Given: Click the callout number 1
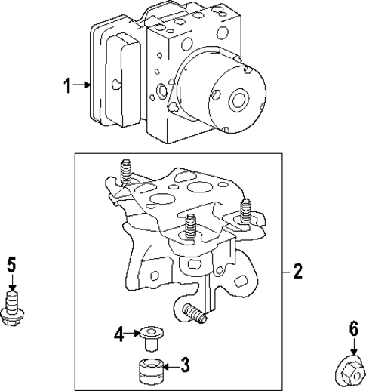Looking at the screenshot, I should tap(67, 86).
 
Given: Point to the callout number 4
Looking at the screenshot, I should tap(119, 333).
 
